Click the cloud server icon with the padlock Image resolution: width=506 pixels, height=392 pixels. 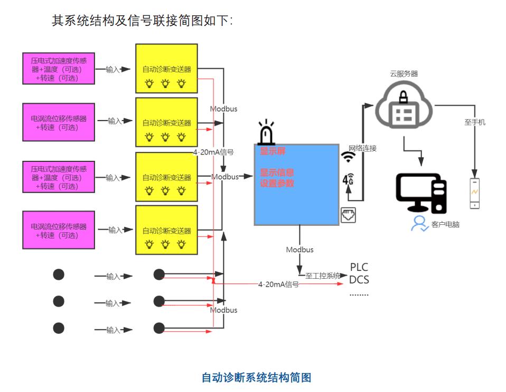(404, 109)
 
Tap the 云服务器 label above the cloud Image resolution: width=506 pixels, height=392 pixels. (404, 74)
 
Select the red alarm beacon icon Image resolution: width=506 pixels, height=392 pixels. (267, 133)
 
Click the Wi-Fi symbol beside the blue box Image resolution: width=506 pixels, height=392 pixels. (348, 157)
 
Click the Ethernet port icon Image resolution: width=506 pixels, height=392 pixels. (348, 215)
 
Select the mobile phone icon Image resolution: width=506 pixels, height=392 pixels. (474, 193)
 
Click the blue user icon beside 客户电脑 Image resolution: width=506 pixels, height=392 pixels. (420, 223)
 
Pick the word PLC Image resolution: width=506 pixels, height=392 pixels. (359, 267)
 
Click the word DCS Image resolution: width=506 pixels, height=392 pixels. (359, 280)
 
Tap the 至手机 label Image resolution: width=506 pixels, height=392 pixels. (475, 122)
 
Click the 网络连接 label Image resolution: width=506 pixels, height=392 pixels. (362, 149)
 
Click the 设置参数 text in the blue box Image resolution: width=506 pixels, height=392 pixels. (277, 184)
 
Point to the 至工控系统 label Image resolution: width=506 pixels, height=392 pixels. (323, 276)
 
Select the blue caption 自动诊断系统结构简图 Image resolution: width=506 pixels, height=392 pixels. (256, 377)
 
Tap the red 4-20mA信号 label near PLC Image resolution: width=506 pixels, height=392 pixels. (278, 284)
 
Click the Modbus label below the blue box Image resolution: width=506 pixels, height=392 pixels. (299, 249)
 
